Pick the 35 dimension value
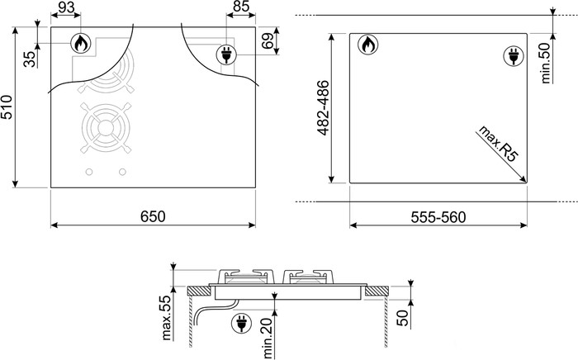[x=31, y=59]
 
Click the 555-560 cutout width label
[x=439, y=217]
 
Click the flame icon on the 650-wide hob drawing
[x=81, y=44]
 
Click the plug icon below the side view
[x=242, y=322]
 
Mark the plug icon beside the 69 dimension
[x=225, y=55]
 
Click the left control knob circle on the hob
[x=88, y=172]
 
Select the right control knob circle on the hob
[x=122, y=172]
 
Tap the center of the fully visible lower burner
[x=104, y=129]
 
